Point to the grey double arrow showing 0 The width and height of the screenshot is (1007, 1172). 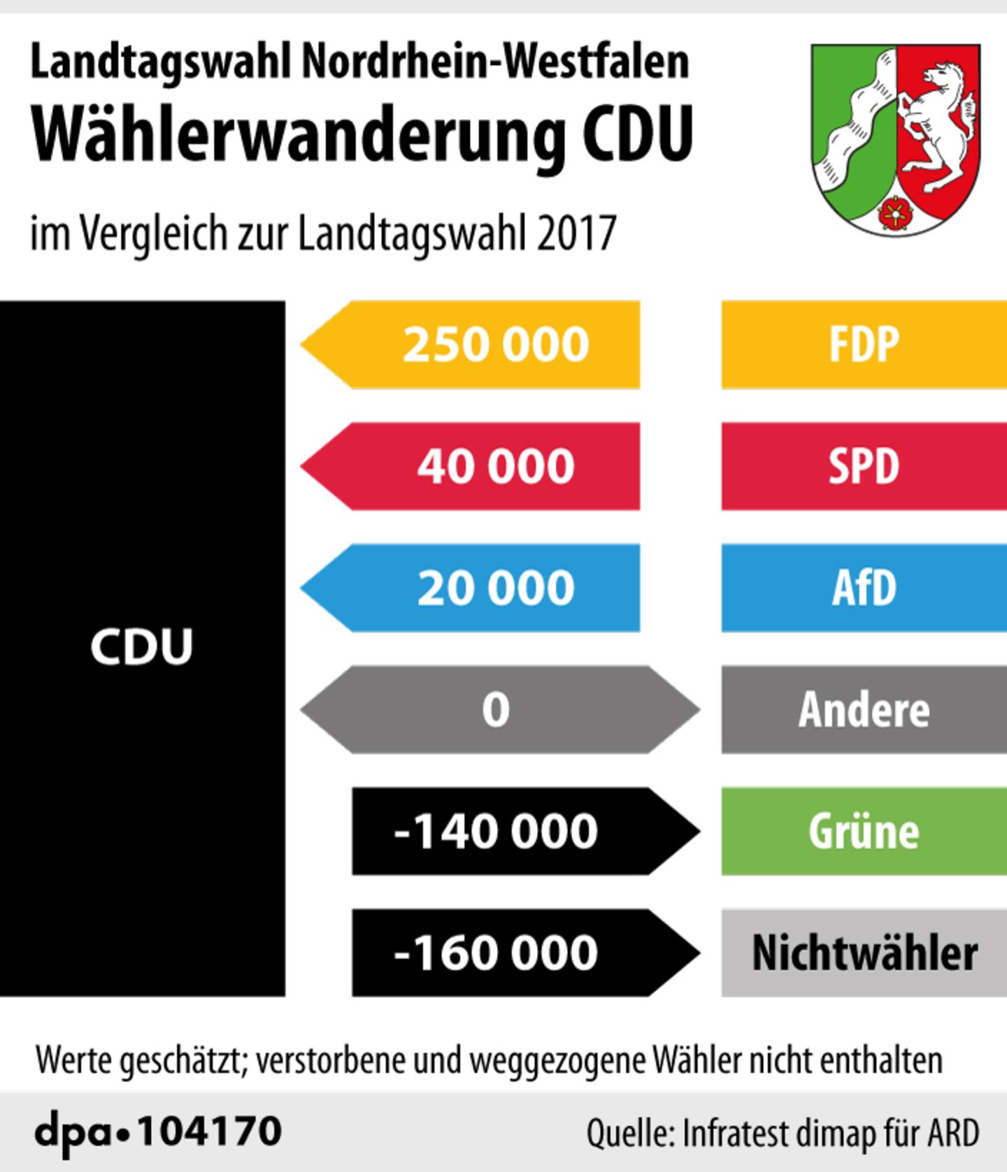[x=499, y=709]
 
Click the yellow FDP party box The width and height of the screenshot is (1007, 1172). [x=864, y=345]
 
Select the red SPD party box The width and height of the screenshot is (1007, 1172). [x=864, y=466]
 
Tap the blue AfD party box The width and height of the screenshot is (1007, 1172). [x=864, y=588]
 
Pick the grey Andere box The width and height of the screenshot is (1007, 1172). [x=864, y=709]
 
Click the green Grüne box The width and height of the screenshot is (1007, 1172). [x=864, y=831]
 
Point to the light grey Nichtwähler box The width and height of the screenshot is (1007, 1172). [x=864, y=953]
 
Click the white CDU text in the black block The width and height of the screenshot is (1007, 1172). [x=141, y=646]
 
